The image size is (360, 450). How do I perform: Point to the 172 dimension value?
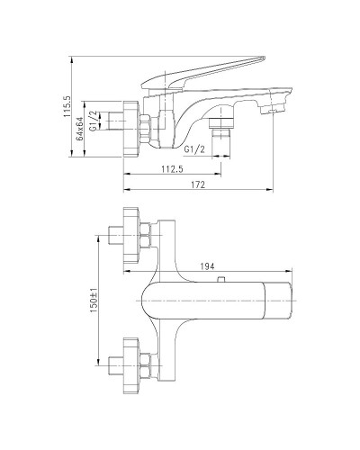pos(199,184)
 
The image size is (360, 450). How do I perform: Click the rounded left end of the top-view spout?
pos(145,298)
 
